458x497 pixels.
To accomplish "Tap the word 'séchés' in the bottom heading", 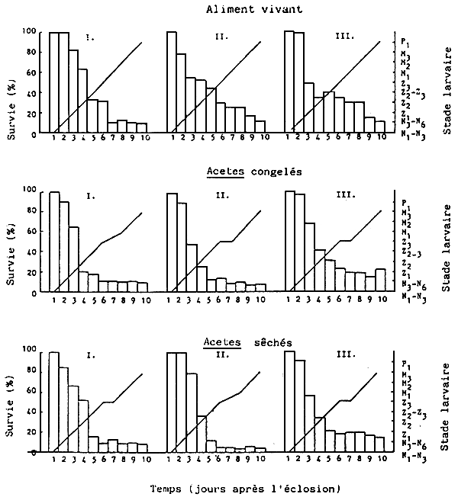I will click(269, 343).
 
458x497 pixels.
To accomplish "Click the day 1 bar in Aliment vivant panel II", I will click(172, 82).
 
